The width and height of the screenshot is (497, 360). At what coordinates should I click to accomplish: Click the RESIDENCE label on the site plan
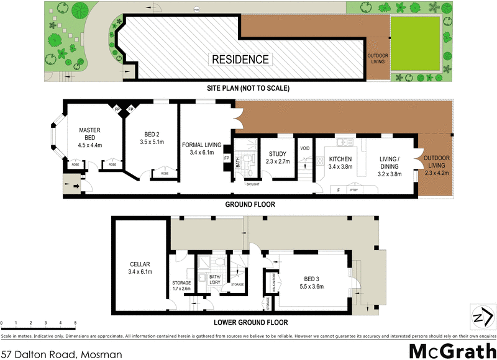point(240,60)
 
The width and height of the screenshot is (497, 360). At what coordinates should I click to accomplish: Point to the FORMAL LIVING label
point(198,145)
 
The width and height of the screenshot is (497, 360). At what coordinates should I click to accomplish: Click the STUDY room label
point(277,155)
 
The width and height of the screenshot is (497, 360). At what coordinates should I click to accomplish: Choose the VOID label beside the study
point(304,148)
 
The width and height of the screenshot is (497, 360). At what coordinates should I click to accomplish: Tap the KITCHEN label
point(340,159)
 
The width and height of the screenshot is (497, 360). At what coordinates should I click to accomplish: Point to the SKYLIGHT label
point(253,184)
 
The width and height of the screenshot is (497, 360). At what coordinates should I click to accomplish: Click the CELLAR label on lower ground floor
point(140,263)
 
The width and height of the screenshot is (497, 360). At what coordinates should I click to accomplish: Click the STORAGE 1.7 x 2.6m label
point(181,286)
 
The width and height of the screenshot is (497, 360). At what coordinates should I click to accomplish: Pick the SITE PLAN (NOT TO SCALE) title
point(248,88)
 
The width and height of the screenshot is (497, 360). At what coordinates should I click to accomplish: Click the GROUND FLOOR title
point(250,204)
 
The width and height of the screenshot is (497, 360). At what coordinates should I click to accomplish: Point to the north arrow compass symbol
point(478,317)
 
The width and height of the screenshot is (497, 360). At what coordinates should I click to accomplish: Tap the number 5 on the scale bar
point(75,323)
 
